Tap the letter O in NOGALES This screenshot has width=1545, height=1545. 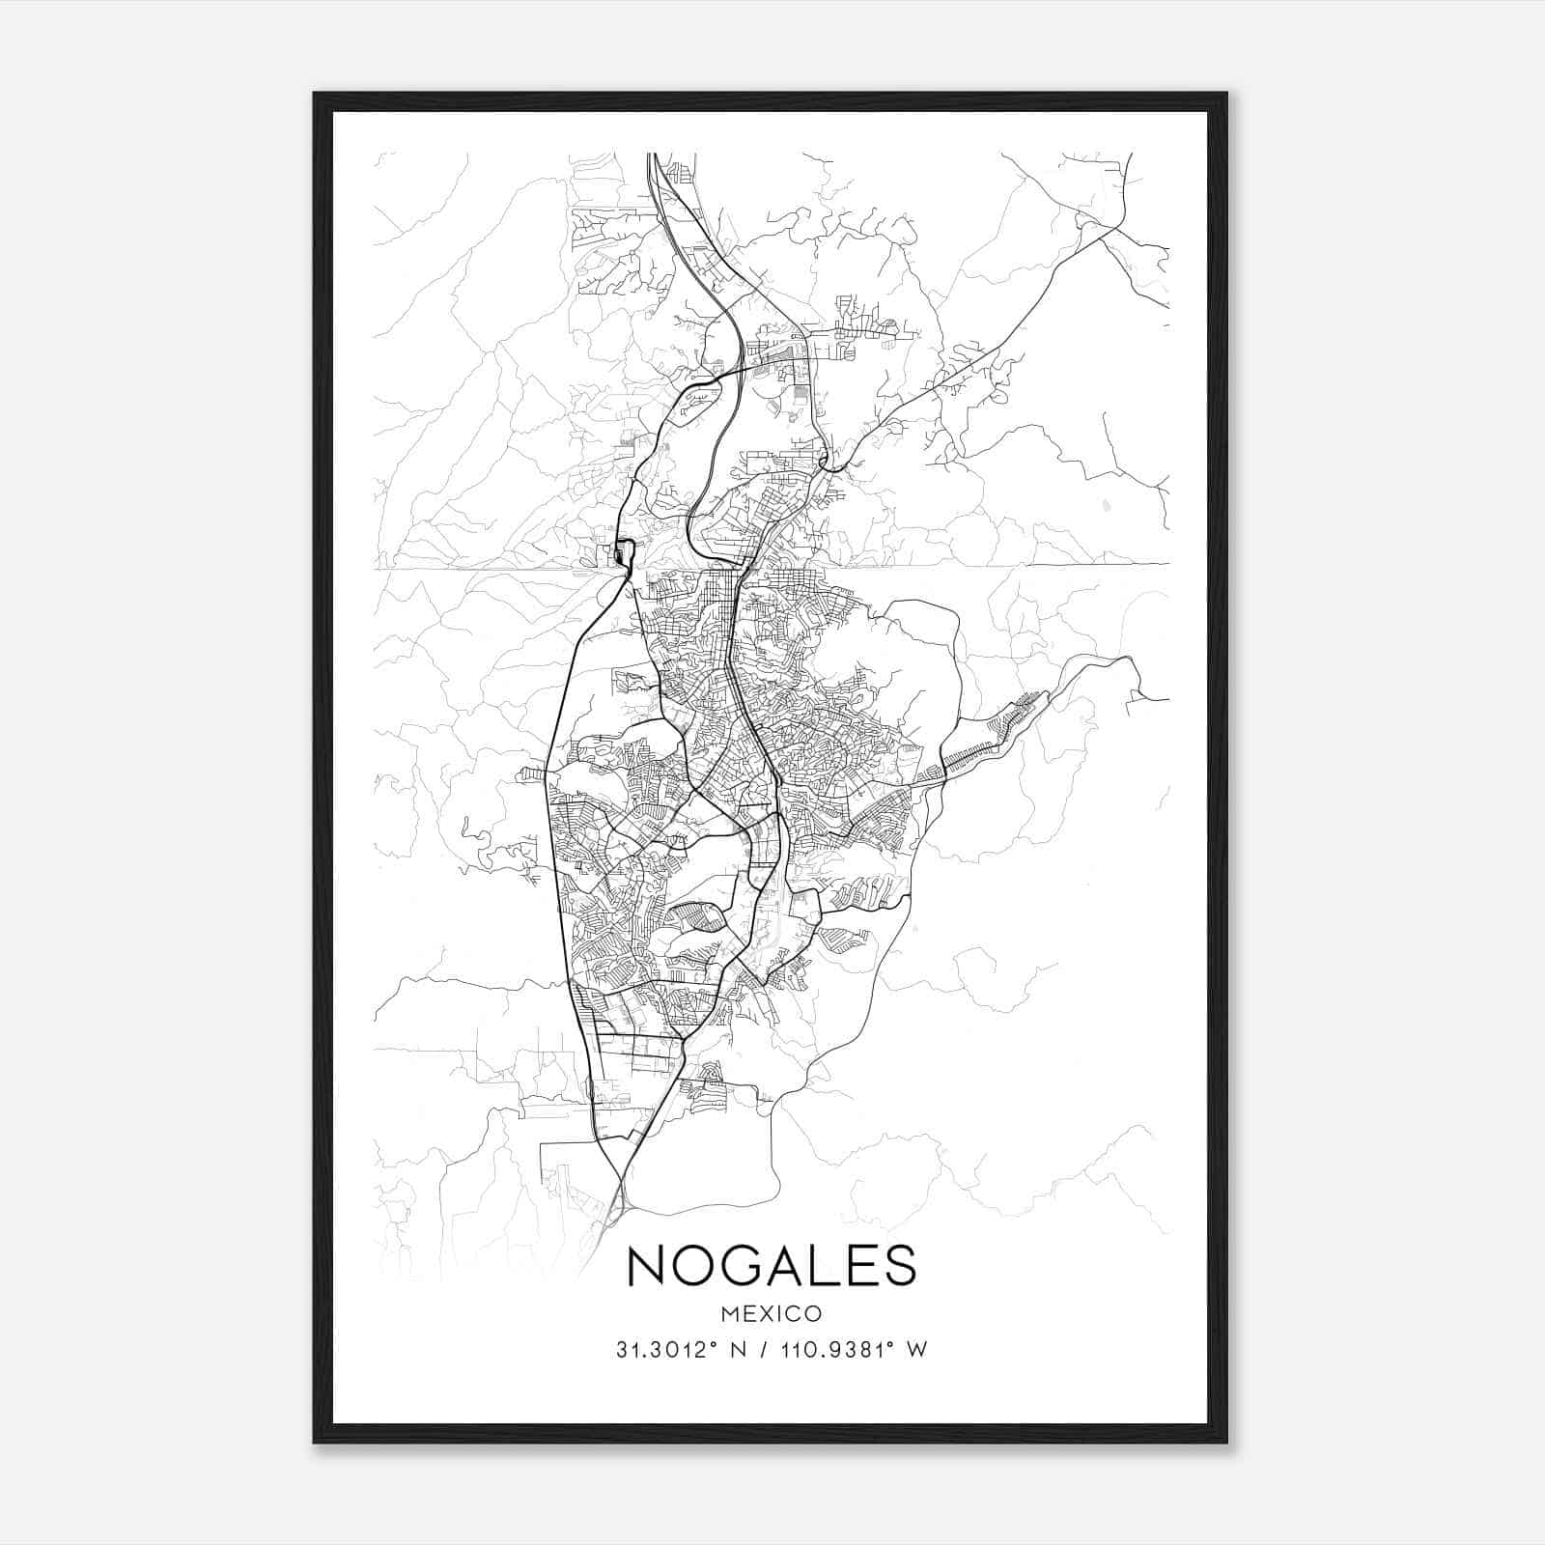(x=700, y=1265)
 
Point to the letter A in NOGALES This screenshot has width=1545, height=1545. (x=800, y=1265)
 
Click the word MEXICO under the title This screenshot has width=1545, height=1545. (x=772, y=1313)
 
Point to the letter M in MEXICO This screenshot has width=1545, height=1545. (x=729, y=1313)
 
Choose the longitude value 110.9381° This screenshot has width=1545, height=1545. (x=829, y=1350)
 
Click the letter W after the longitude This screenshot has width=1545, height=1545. (x=917, y=1350)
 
